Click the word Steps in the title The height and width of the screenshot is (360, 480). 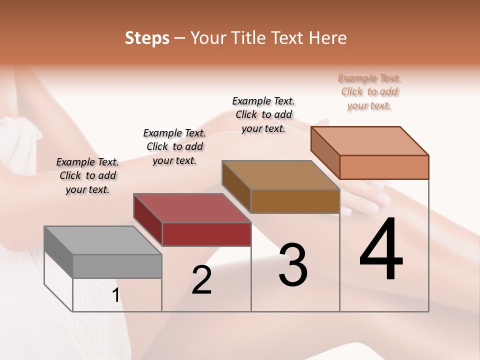147,38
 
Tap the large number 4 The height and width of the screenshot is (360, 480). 381,250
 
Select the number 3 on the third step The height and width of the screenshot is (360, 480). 292,265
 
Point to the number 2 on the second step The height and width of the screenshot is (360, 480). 201,280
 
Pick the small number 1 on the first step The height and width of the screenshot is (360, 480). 115,295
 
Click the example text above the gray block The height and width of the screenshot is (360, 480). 87,175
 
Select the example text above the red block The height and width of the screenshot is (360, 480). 174,146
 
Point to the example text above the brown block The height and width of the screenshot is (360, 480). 263,114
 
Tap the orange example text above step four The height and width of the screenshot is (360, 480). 369,91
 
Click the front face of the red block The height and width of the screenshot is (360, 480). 206,234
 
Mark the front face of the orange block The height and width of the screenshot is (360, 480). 384,167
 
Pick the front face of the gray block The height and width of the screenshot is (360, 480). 117,266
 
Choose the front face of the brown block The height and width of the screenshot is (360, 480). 295,201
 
